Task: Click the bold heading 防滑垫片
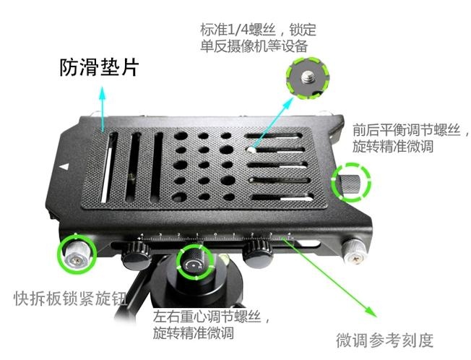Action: (99, 67)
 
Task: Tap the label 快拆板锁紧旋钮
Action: (70, 299)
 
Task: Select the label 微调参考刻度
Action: (385, 340)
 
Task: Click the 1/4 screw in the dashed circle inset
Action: (307, 77)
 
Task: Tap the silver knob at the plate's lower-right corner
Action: (355, 252)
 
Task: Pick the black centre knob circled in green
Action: (195, 261)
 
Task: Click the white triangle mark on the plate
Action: (64, 166)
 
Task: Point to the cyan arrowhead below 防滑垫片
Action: (103, 93)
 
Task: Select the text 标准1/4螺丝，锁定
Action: (258, 30)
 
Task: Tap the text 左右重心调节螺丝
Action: (207, 317)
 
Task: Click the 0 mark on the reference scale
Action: (215, 233)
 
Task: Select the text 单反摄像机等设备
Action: (254, 46)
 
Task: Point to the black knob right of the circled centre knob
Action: (257, 252)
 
